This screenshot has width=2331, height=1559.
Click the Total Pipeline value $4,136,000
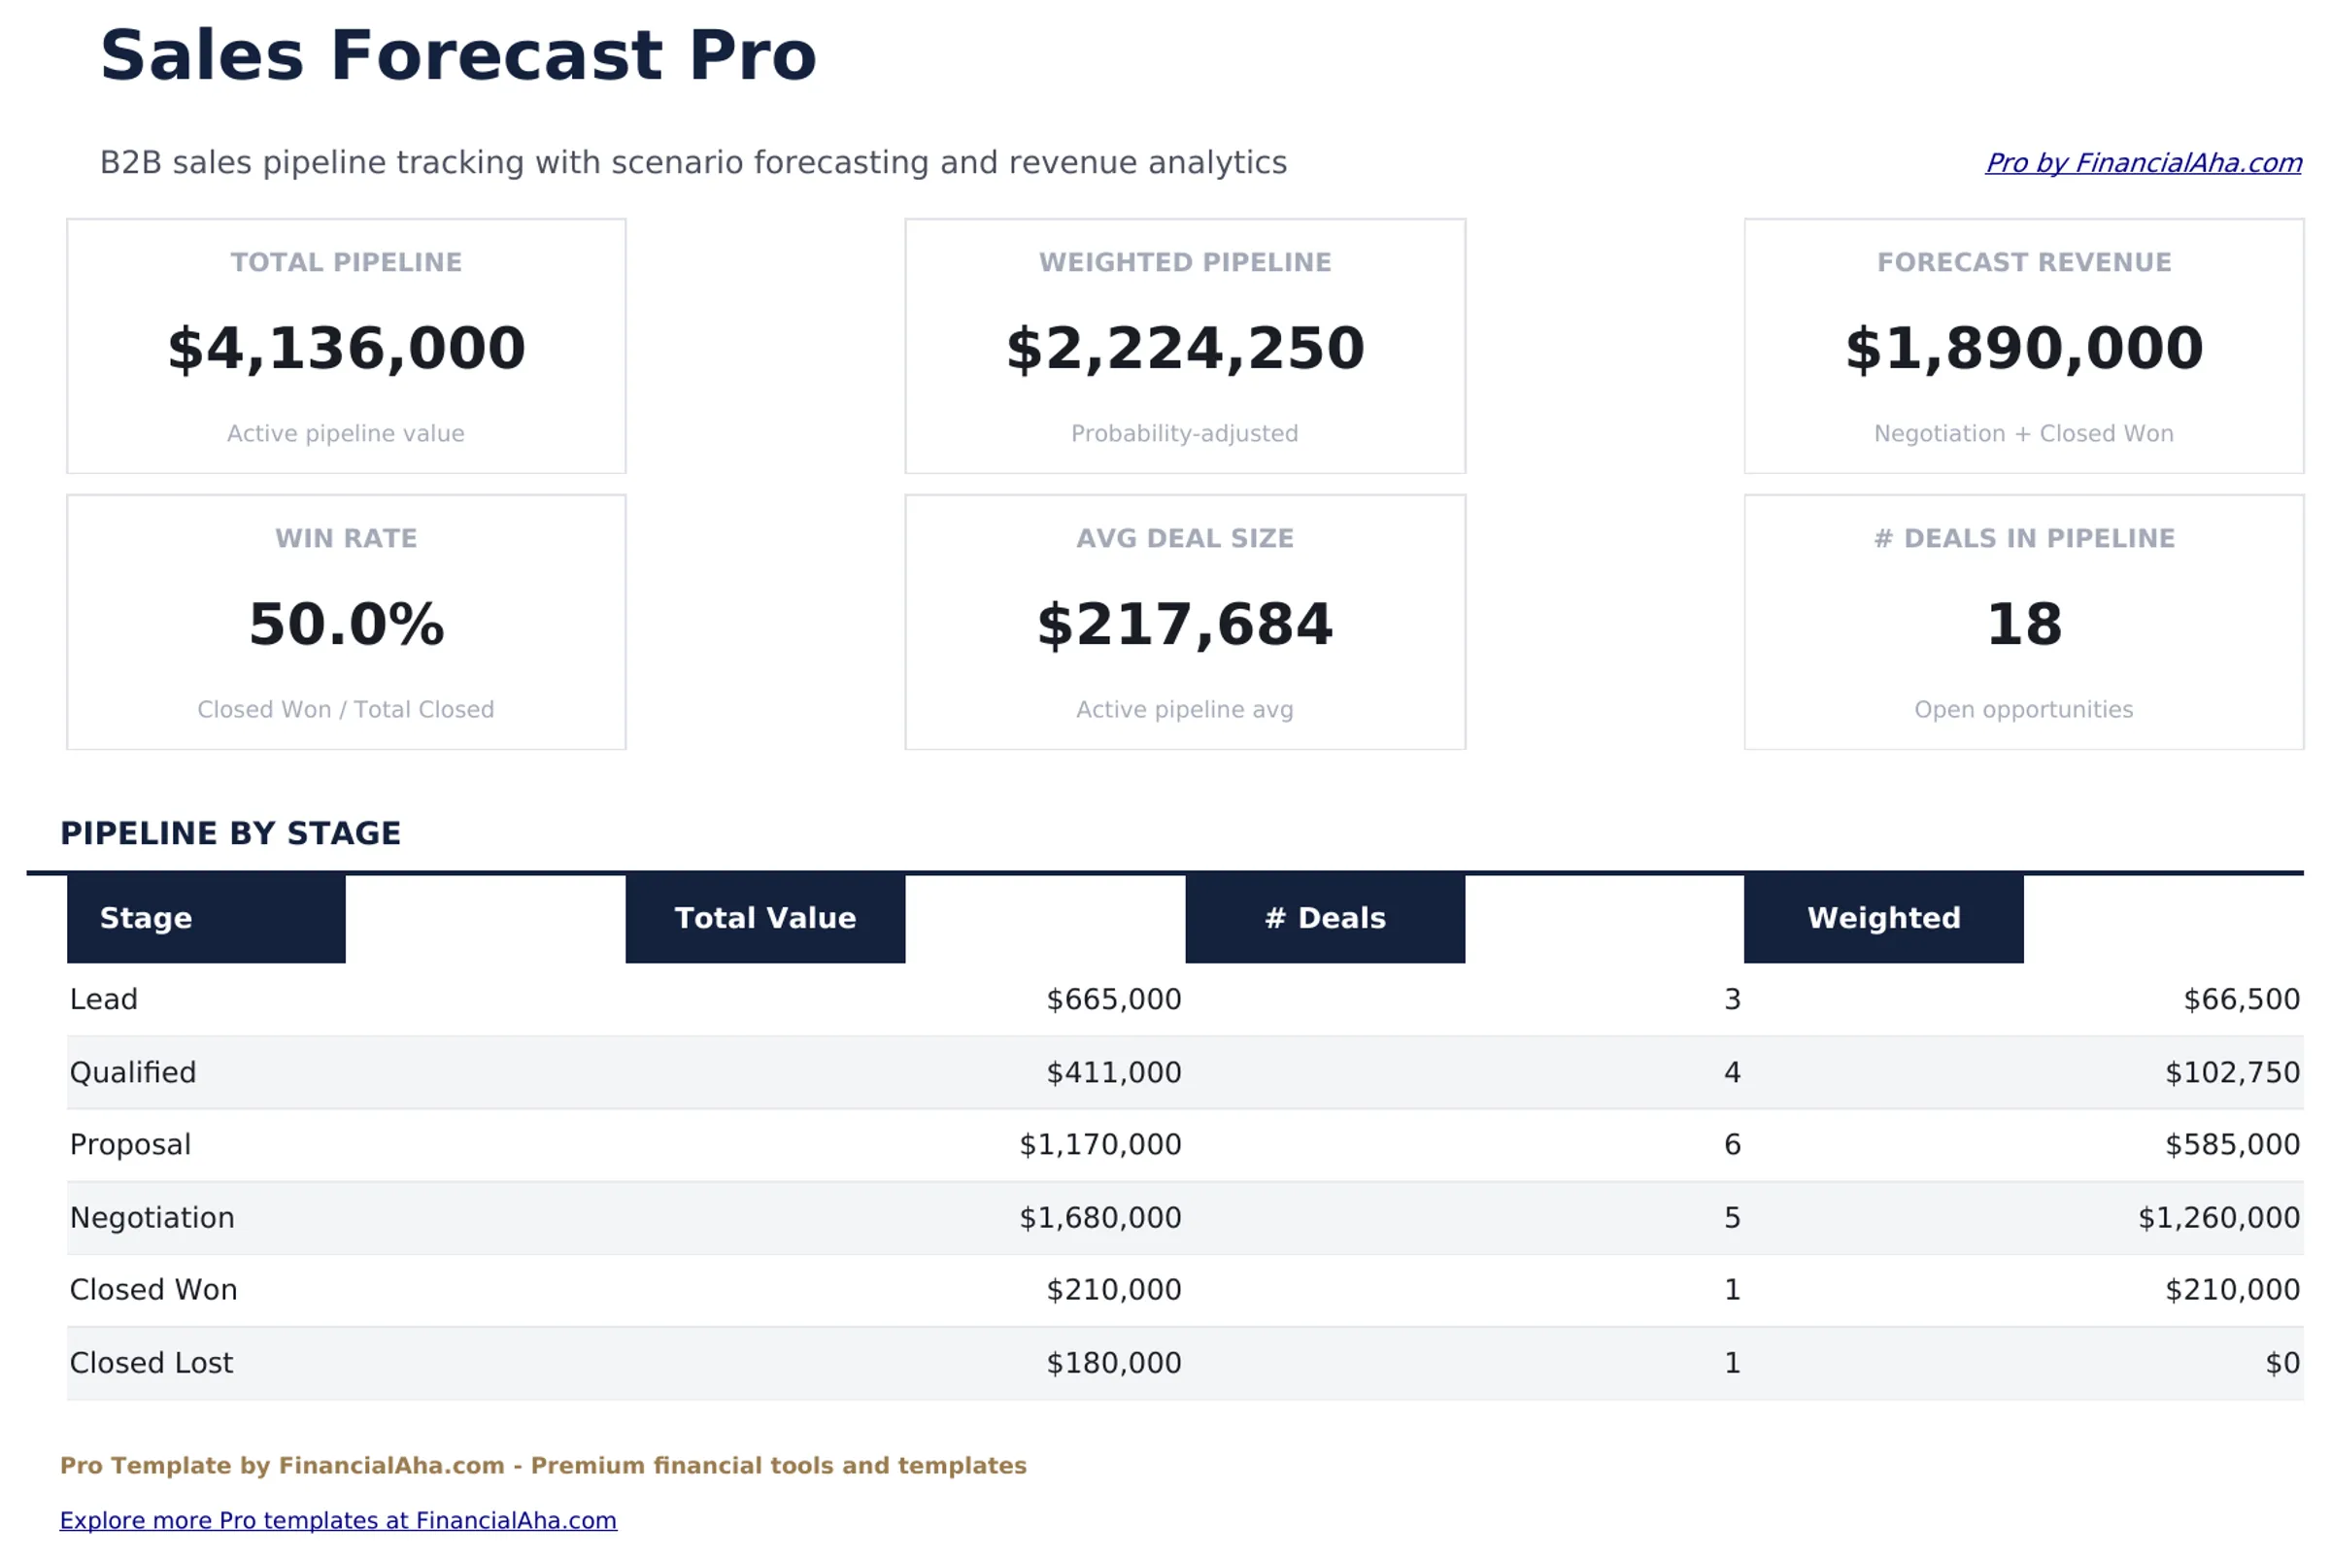coord(346,349)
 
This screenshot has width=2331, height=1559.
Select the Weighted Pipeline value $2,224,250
coord(1184,349)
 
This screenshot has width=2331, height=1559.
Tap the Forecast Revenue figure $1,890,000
coord(2023,349)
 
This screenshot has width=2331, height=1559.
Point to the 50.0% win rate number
coord(346,625)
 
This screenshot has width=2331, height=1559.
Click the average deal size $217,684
coord(1184,625)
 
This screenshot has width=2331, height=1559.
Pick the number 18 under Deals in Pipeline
coord(2023,625)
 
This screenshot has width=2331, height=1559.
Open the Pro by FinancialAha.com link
coord(2143,163)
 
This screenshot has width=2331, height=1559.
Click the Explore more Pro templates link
coord(338,1519)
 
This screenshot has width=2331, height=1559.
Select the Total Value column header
coord(764,918)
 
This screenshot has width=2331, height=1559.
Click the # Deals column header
coord(1324,918)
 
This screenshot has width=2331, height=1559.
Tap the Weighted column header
coord(1882,918)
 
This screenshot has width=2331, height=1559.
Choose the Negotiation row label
coord(152,1217)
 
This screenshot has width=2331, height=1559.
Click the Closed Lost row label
coord(152,1362)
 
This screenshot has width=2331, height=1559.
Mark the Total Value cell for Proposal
coord(1099,1144)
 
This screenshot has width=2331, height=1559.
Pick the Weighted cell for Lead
coord(2241,1000)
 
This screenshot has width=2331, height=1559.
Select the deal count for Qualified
coord(1731,1071)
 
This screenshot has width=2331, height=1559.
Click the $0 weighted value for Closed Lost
coord(2281,1362)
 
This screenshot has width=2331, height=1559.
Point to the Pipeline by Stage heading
coord(230,833)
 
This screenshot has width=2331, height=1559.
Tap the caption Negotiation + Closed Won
coord(2023,433)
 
